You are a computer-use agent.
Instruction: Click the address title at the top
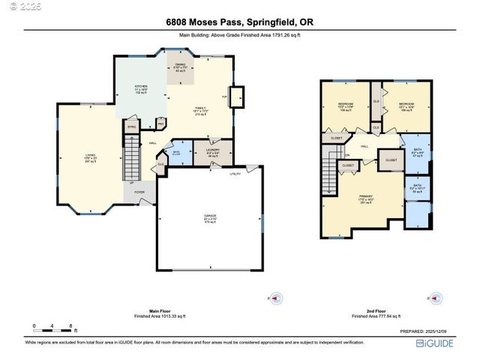pyautogui.click(x=239, y=22)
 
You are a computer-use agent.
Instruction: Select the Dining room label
pyautogui.click(x=180, y=67)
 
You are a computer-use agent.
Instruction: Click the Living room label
pyautogui.click(x=89, y=157)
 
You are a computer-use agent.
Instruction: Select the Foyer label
pyautogui.click(x=139, y=192)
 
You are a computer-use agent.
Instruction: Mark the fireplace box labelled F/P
pyautogui.click(x=236, y=97)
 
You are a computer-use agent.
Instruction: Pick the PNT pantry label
pyautogui.click(x=160, y=124)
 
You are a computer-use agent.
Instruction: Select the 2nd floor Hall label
pyautogui.click(x=364, y=146)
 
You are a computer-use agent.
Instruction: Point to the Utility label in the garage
pyautogui.click(x=235, y=173)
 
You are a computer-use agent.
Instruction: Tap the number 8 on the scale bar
pyautogui.click(x=70, y=325)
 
